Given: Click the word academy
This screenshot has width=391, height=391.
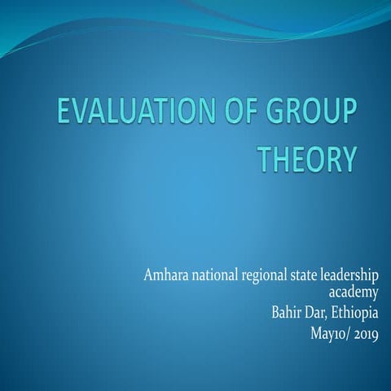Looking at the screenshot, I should tap(353, 291).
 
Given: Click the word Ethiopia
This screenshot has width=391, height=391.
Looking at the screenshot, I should tap(354, 311).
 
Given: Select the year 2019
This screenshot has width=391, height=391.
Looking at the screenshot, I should tap(365, 332).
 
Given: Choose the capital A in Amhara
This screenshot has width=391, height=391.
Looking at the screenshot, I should tap(147, 273).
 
